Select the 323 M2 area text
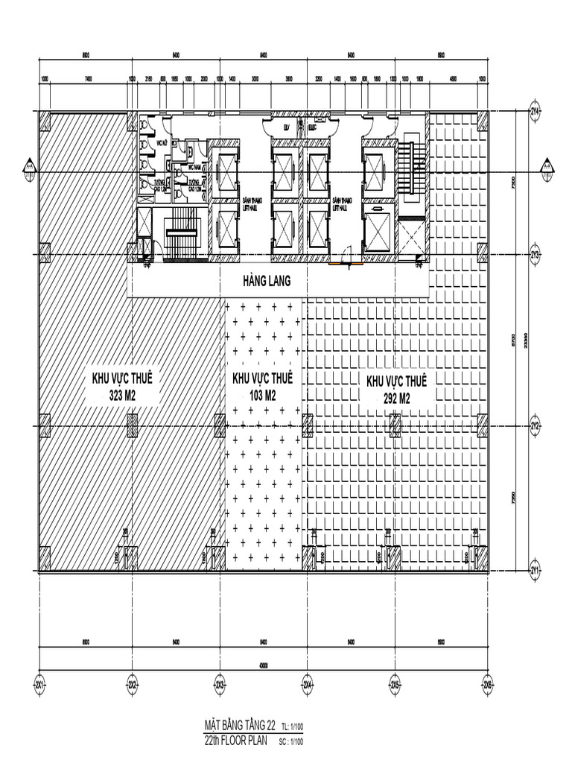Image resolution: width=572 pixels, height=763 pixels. pos(123,394)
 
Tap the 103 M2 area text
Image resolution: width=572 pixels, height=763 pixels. pos(262,396)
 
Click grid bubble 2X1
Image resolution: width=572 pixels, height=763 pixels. pos(39,683)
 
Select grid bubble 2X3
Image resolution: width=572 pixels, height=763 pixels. pos(220,683)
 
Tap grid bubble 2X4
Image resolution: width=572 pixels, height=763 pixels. pos(307,683)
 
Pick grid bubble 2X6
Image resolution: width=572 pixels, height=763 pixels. pos(488,683)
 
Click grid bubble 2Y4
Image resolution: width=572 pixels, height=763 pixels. pos(535,111)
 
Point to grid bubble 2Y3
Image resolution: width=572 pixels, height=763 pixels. pos(535,254)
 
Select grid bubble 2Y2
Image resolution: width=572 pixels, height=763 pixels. pos(535,425)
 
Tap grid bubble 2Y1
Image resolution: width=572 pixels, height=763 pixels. pos(535,571)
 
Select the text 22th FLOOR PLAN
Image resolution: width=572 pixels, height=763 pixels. pos(235,740)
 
